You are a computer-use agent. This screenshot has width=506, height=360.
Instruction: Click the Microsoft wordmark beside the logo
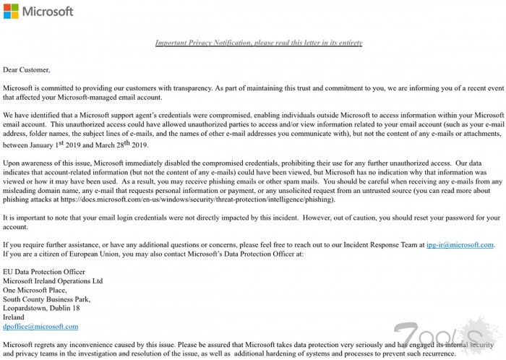(x=48, y=12)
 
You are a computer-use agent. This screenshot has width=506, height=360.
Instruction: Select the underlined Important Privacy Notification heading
(x=259, y=43)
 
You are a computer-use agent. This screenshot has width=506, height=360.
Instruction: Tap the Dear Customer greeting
(x=27, y=70)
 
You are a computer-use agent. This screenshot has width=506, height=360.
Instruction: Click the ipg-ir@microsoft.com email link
(x=460, y=245)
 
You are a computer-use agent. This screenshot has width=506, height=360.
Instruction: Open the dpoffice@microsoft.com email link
(x=40, y=327)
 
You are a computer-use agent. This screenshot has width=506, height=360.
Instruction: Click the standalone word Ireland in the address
(x=14, y=317)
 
